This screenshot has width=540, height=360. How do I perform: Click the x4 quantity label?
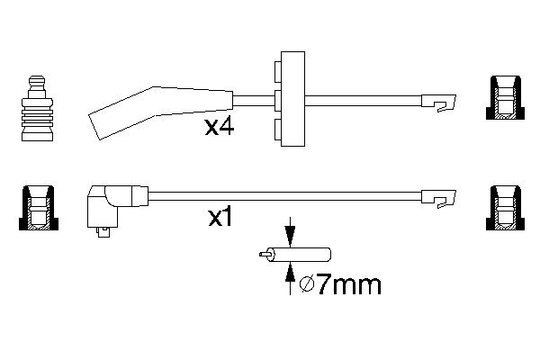[220, 128]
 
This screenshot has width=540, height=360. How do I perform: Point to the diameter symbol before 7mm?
[306, 286]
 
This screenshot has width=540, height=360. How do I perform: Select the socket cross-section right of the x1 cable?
[505, 208]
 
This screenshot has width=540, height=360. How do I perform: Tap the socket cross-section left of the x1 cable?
[36, 208]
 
